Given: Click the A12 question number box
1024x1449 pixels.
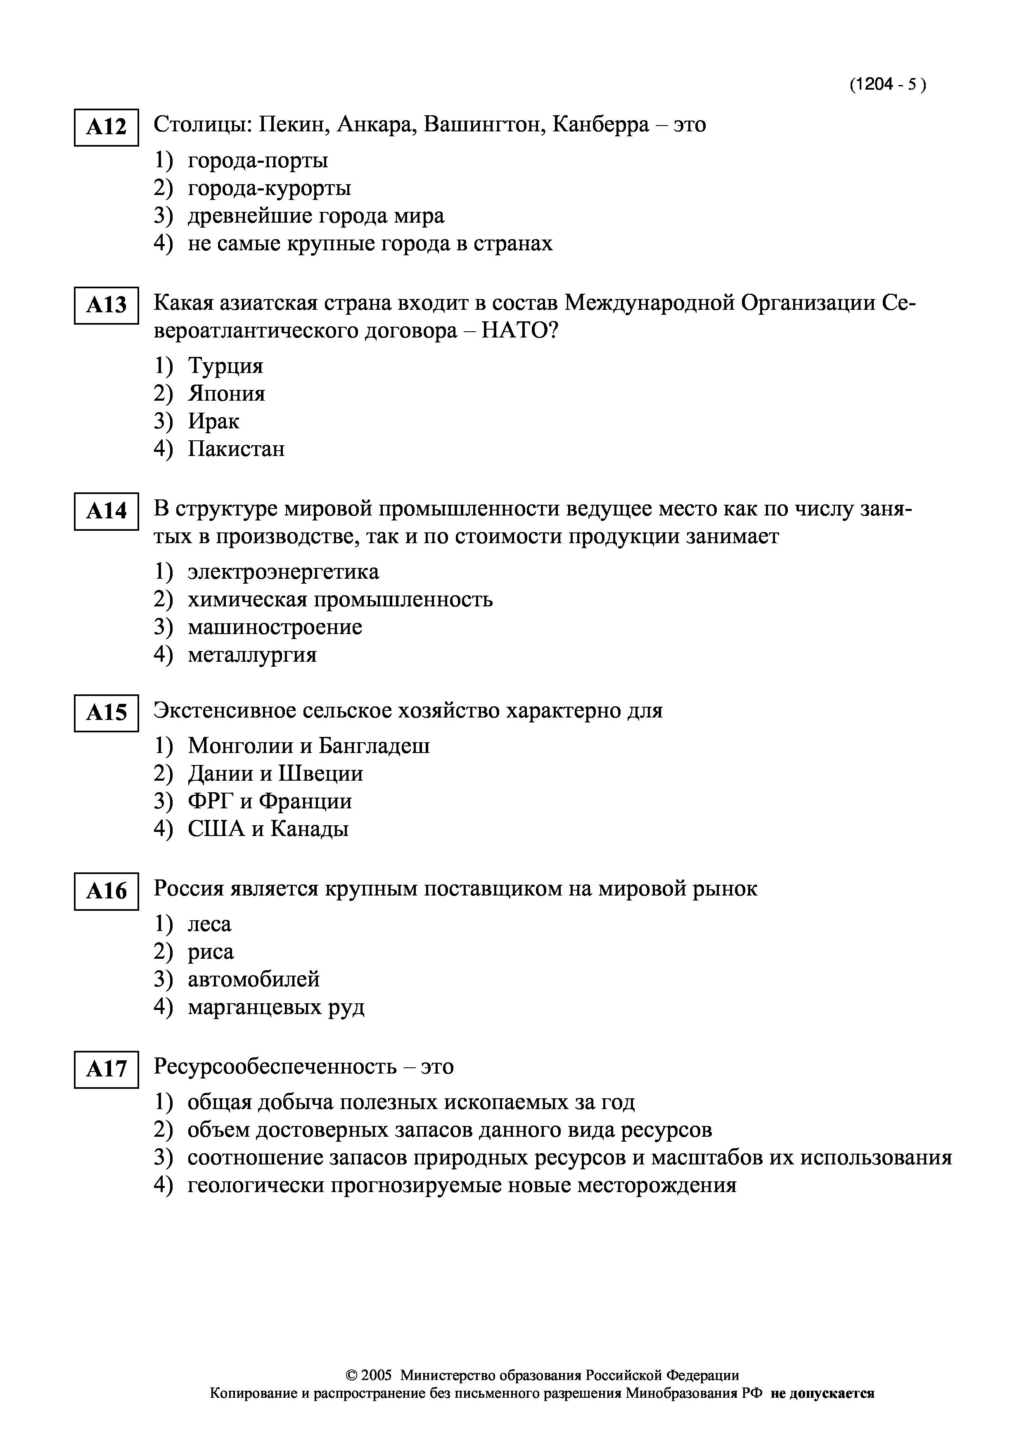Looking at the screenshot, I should (106, 128).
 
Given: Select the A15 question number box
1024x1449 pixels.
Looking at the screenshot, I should (106, 713).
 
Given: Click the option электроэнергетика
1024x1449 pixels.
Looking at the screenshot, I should (283, 572).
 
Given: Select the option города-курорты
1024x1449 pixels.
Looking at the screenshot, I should (269, 188).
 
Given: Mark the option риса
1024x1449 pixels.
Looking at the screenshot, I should (211, 952).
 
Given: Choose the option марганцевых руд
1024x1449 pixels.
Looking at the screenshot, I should (276, 1007).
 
